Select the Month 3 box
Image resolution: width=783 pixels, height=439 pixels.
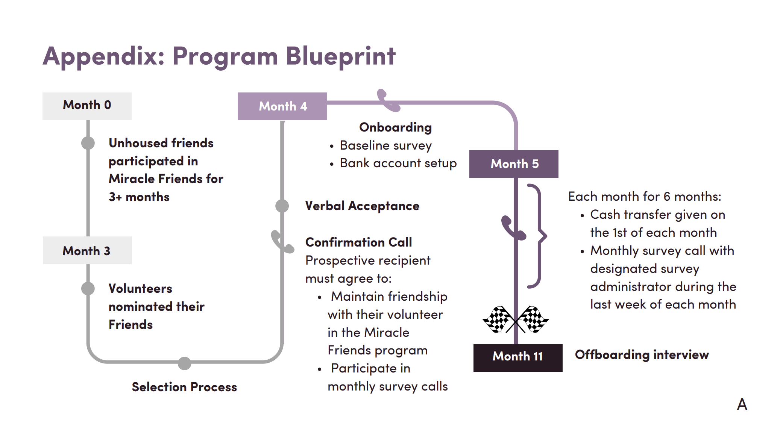click(87, 250)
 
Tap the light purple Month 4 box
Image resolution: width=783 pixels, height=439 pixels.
click(282, 106)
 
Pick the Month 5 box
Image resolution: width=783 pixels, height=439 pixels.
click(514, 164)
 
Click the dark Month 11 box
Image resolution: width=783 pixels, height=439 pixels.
click(517, 357)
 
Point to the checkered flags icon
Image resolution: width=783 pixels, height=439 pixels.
click(515, 320)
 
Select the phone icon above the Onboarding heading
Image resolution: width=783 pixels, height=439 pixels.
click(388, 100)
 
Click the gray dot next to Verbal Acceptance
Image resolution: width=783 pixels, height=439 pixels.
click(282, 206)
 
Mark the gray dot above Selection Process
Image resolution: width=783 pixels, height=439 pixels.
click(184, 363)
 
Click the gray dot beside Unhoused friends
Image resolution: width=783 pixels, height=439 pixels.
click(88, 143)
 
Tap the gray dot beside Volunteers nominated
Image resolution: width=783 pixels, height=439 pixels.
click(88, 289)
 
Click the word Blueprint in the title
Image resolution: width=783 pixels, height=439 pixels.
click(340, 56)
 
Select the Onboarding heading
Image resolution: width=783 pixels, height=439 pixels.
click(395, 127)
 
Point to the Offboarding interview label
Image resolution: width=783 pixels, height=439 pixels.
click(642, 355)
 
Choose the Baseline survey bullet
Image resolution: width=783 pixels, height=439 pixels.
click(385, 145)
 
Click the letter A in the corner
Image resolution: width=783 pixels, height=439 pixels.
click(742, 404)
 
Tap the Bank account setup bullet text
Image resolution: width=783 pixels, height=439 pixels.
click(398, 163)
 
